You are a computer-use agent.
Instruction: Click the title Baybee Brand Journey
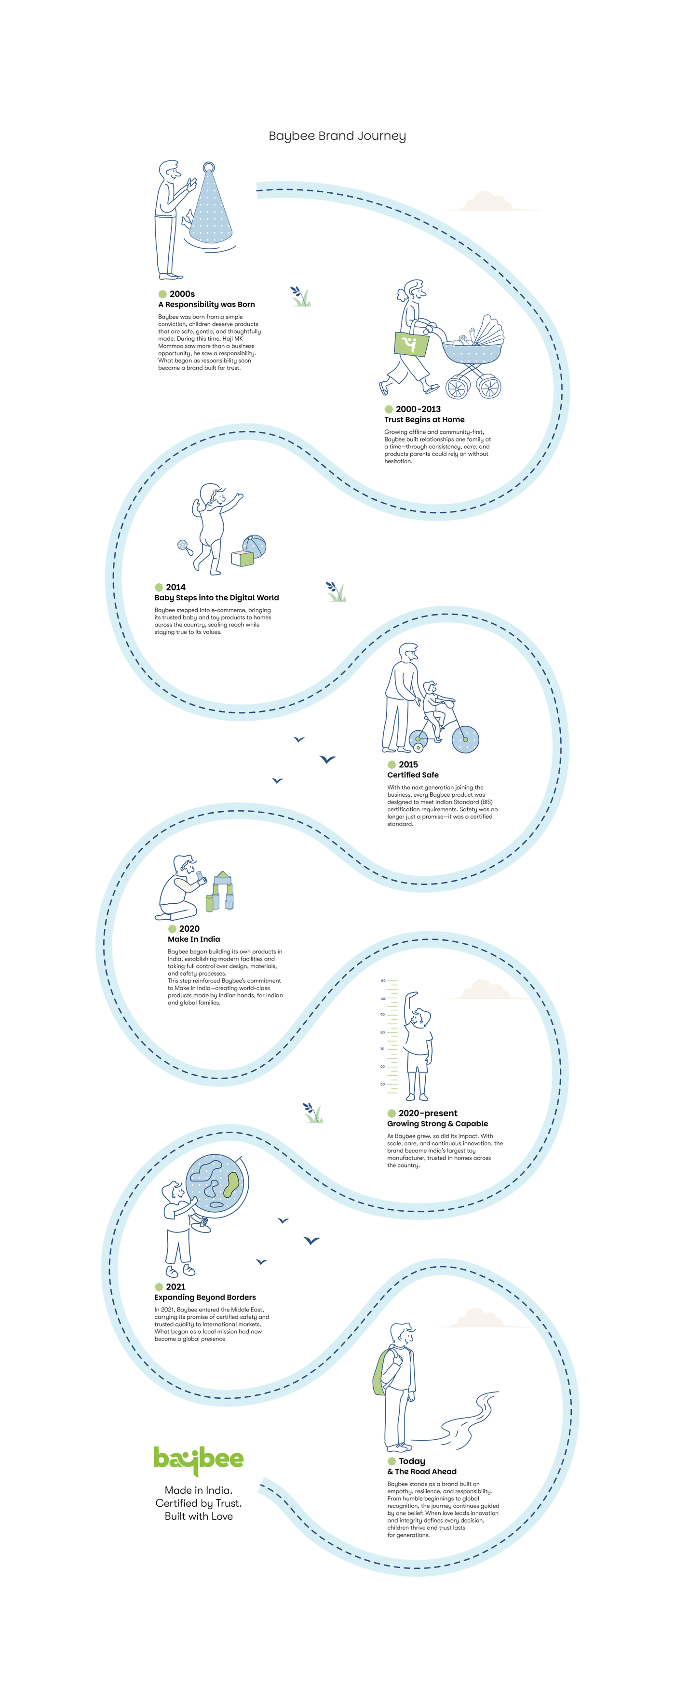(337, 136)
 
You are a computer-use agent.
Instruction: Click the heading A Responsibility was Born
(206, 305)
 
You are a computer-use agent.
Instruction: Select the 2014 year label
(175, 588)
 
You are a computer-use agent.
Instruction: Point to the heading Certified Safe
(413, 775)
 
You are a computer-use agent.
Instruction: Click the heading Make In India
(194, 939)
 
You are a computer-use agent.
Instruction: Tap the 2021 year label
(175, 1287)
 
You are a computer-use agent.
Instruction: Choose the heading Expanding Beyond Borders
(205, 1298)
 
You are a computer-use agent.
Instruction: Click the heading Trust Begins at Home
(425, 420)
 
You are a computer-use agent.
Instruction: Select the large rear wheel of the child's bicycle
(465, 739)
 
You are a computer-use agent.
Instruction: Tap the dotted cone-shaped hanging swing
(210, 206)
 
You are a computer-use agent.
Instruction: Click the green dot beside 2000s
(162, 294)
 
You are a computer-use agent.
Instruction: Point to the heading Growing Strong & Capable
(438, 1124)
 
